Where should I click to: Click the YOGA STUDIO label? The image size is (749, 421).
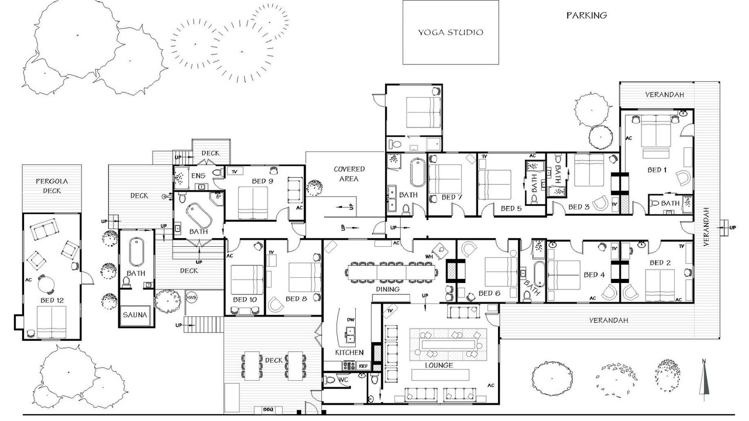[x=451, y=32]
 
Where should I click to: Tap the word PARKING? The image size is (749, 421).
[x=586, y=15]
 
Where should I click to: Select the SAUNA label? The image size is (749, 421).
[x=135, y=315]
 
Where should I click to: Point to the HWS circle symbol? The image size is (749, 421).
[x=191, y=298]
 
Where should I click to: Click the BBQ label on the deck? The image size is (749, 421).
[x=268, y=409]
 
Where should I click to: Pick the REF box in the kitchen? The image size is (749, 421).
[x=363, y=366]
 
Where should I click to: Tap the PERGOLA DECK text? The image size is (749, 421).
[x=52, y=186]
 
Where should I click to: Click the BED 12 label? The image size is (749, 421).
[x=52, y=301]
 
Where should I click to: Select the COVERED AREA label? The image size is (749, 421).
[x=349, y=174]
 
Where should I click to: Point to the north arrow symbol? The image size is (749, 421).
[x=704, y=380]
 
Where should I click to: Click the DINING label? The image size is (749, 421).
[x=387, y=289]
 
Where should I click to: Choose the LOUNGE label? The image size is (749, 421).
[x=439, y=365]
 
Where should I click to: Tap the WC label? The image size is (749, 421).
[x=343, y=379]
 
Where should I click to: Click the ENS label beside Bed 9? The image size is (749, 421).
[x=198, y=176]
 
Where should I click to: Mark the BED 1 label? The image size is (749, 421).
[x=657, y=170]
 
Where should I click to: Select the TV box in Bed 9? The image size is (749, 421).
[x=235, y=171]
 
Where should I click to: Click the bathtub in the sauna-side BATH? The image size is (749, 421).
[x=136, y=252]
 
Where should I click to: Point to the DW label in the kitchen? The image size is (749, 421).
[x=351, y=320]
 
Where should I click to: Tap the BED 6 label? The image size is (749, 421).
[x=490, y=294]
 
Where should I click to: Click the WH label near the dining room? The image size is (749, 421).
[x=429, y=257]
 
